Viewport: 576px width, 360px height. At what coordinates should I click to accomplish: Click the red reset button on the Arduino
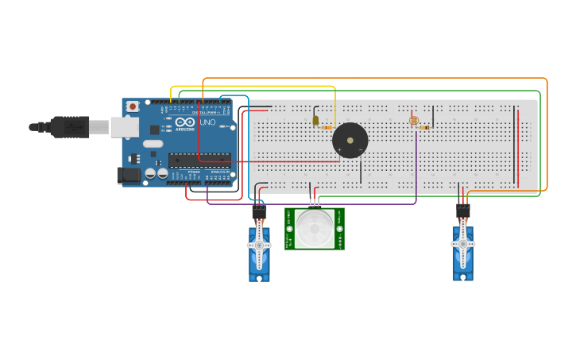point(133,106)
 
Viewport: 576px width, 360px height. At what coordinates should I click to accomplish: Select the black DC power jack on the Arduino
point(129,176)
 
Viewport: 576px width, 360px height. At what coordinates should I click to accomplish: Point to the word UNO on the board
point(207,123)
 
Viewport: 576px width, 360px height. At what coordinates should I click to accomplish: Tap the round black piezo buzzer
point(350,141)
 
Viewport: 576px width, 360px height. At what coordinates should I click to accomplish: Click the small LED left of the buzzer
point(315,121)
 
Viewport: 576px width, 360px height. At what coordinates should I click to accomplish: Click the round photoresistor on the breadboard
point(413,121)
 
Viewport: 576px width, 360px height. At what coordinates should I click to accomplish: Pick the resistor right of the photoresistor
point(425,127)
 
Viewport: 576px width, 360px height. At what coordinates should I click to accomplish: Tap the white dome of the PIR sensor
point(315,228)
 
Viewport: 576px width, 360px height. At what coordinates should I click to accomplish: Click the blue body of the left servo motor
point(259,262)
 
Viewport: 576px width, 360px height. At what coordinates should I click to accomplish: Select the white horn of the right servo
point(463,245)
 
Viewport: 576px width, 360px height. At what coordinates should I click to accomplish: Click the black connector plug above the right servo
point(462,211)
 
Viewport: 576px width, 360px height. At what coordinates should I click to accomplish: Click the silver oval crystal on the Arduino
point(153,144)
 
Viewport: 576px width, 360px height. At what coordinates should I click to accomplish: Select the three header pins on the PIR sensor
point(315,202)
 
